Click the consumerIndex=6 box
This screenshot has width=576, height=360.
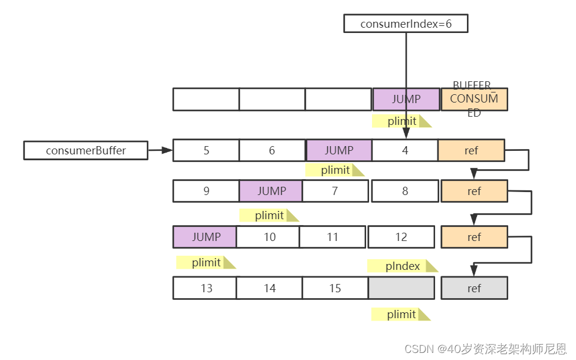(406, 24)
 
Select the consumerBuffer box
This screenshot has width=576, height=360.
(86, 150)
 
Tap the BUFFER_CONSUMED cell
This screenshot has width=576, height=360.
(474, 99)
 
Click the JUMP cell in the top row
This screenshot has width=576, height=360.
(406, 99)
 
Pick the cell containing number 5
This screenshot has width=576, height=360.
(206, 150)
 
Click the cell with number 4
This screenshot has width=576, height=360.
(405, 150)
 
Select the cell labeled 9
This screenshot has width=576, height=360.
(206, 191)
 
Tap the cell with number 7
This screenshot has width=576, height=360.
(335, 191)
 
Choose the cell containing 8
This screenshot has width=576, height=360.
(404, 191)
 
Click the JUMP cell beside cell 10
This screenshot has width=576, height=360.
(205, 237)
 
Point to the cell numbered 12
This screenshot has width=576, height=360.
(401, 237)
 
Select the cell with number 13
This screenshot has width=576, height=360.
(206, 288)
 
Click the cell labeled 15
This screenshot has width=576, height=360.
(335, 288)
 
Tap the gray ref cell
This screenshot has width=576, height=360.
(474, 288)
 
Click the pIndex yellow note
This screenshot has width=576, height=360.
(403, 266)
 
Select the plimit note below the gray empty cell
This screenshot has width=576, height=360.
(401, 315)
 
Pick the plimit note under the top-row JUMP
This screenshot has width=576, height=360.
(401, 121)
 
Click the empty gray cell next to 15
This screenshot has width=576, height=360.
(401, 288)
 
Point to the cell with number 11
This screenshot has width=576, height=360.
(333, 237)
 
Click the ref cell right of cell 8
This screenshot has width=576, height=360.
(474, 191)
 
